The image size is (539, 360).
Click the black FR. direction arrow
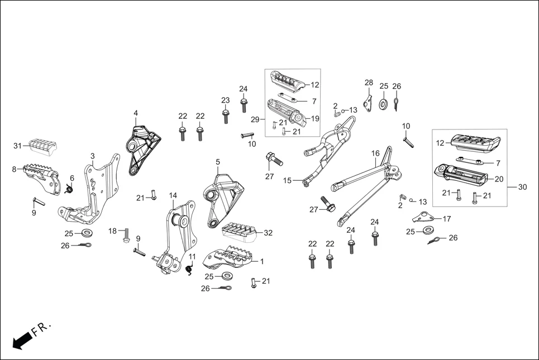pos(22,339)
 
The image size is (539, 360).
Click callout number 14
pos(173,195)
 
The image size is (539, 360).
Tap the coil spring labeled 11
pos(189,270)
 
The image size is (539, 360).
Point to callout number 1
pos(263,261)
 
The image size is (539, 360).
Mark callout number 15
pos(287,180)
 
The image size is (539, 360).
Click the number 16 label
pos(375,153)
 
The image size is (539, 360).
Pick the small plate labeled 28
pos(368,102)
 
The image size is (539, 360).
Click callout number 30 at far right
pos(522,187)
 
